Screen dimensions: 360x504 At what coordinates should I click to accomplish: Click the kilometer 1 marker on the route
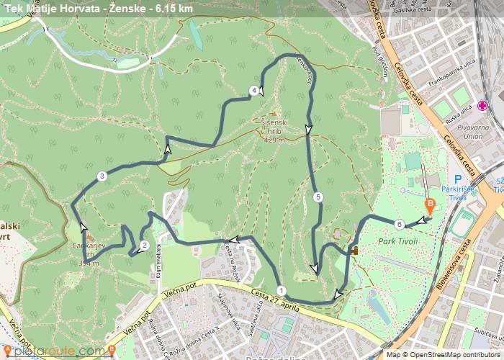coord(281,291)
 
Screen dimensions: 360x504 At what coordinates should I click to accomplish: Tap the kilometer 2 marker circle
coord(145,246)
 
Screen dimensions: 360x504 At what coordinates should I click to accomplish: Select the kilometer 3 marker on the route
coord(102,176)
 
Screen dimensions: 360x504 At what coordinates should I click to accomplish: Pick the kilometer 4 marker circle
coord(253,91)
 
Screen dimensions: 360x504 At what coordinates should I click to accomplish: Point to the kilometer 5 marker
coord(318,197)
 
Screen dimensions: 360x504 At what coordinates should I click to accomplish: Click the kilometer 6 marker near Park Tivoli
coord(399,223)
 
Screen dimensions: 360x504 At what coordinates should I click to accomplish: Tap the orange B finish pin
coord(430,205)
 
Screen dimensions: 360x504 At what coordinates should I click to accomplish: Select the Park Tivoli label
coord(397,241)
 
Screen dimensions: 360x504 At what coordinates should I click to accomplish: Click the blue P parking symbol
coord(457,180)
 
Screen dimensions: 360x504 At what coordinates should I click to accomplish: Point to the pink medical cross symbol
coord(482,106)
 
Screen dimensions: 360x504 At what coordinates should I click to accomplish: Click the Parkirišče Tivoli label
coord(463,193)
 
